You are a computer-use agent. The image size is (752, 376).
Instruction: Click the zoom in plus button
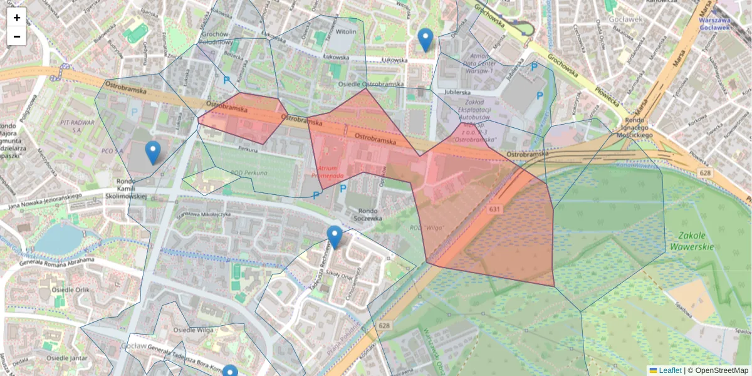(17, 18)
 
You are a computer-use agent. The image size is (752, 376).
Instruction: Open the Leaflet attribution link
(669, 370)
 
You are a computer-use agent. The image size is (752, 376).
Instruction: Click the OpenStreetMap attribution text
(721, 370)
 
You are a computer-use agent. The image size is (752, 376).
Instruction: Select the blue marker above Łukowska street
(426, 39)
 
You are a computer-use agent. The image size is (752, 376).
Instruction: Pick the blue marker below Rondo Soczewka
(335, 237)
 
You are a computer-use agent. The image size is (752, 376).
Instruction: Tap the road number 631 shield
(495, 209)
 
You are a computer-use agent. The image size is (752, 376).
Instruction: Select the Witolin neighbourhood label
(347, 31)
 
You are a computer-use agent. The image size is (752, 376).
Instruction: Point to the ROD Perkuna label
(249, 173)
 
